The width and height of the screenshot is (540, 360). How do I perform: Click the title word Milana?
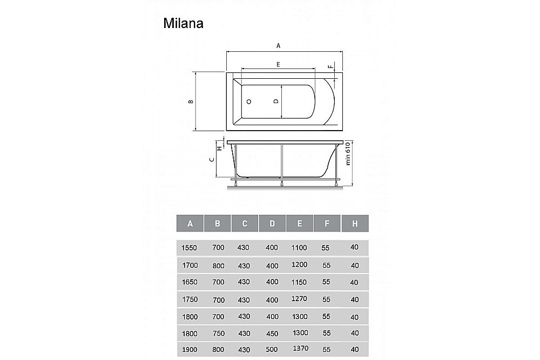183,24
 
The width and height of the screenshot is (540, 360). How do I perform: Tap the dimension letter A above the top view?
279,46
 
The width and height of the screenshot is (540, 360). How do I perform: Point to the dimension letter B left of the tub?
190,101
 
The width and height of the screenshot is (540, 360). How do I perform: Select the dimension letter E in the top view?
278,64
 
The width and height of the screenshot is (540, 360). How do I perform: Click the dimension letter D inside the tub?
275,101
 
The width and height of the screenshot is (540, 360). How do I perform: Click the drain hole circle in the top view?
249,101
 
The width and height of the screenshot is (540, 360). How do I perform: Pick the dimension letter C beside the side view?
213,159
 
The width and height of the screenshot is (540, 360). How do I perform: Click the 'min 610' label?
348,153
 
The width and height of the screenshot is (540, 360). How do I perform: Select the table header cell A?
190,223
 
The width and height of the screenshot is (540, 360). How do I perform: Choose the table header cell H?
355,223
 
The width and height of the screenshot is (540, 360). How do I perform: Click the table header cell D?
272,223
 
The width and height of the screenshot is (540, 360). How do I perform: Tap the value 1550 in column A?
190,248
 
